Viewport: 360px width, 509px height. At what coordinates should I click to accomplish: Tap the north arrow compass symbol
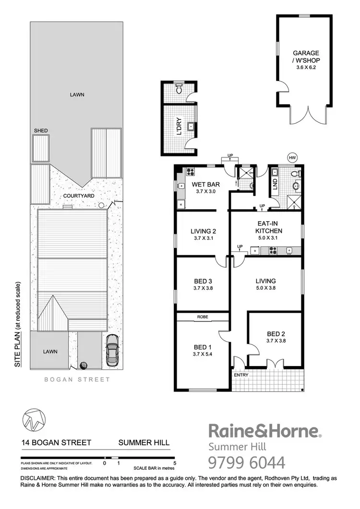[34, 420]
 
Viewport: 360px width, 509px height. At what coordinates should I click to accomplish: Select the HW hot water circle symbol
[292, 157]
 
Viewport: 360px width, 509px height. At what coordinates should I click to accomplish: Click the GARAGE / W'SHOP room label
[306, 57]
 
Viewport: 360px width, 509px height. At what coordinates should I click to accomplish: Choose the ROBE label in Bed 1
[202, 317]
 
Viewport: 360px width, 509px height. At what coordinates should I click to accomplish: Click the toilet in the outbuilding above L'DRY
[179, 89]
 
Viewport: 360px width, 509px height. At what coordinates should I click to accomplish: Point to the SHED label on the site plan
[40, 130]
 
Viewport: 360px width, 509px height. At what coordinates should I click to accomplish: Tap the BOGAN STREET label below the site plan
[77, 379]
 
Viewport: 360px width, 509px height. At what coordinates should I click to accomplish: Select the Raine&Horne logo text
[264, 431]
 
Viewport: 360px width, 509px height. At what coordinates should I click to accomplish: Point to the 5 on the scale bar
[175, 463]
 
